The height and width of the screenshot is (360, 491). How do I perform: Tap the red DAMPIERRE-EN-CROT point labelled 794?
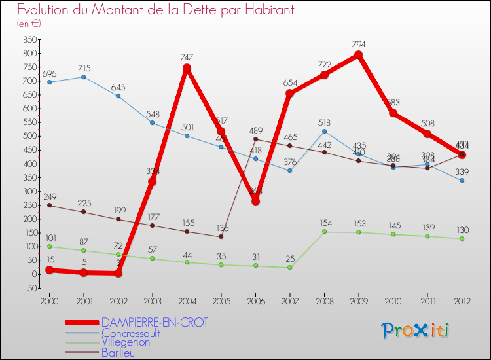(358, 55)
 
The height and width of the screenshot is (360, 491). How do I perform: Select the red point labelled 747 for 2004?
(187, 68)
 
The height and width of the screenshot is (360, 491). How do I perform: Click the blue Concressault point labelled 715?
(84, 77)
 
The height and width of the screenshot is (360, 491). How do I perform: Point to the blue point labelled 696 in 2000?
(50, 82)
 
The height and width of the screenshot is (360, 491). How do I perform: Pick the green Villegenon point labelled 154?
(324, 232)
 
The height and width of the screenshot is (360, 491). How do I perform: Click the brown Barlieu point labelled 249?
(50, 206)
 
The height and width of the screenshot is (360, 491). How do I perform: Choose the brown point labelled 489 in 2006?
(255, 139)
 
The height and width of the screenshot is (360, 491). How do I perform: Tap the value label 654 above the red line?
(289, 84)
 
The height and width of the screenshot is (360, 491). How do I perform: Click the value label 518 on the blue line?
(324, 122)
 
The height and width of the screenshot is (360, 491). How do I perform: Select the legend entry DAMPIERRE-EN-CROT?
(155, 323)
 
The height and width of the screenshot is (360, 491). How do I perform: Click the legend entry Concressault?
(131, 333)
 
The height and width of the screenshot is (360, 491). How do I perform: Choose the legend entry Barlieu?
(118, 352)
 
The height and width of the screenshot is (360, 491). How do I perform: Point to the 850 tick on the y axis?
(28, 40)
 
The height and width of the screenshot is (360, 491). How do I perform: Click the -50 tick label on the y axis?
(29, 288)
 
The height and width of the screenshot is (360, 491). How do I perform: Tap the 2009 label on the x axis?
(358, 300)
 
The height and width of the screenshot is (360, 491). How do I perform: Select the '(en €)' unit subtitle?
(29, 24)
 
